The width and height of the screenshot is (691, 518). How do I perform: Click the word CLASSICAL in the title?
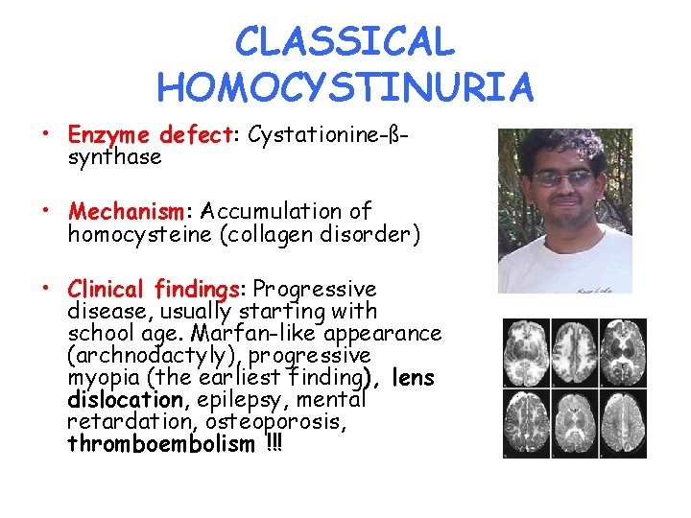(345, 42)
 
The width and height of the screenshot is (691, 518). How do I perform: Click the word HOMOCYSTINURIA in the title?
(345, 88)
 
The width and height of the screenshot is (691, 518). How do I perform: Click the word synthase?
(114, 156)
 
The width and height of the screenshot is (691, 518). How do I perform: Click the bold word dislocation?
(125, 400)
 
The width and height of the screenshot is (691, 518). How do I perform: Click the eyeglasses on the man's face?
(564, 177)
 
